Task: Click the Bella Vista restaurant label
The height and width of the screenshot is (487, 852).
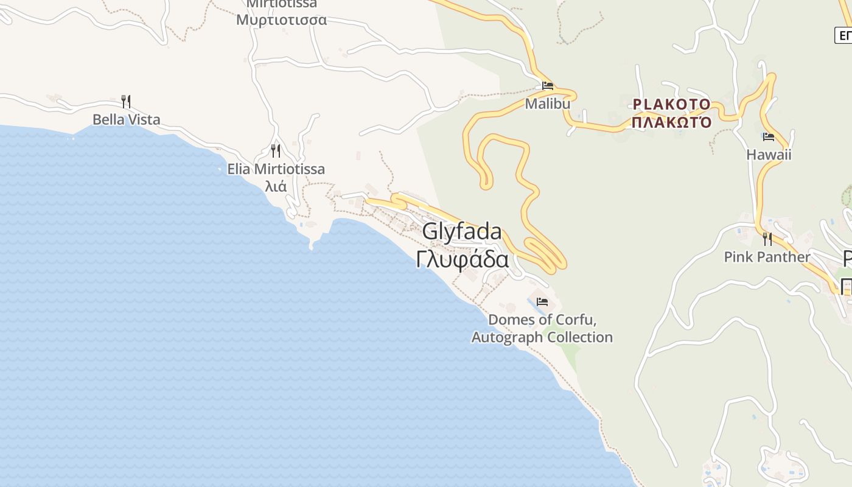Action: tap(127, 119)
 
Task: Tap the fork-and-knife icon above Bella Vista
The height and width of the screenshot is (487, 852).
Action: tap(126, 101)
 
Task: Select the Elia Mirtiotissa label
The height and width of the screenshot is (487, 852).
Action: tap(276, 169)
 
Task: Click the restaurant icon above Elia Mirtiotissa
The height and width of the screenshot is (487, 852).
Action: tap(276, 150)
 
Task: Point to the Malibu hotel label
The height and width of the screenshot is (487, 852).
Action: tap(548, 103)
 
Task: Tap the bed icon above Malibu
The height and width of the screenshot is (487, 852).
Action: tap(548, 86)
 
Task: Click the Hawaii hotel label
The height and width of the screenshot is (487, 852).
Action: tap(769, 155)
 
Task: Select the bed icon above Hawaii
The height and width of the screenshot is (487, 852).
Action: tap(769, 137)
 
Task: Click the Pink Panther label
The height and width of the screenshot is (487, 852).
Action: tap(767, 257)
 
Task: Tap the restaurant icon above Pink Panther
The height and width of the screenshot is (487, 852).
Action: tap(767, 239)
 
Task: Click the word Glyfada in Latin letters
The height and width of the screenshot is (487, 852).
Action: tap(462, 231)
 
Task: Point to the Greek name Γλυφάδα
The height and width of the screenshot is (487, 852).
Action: tap(463, 259)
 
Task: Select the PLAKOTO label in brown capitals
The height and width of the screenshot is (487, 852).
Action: tap(671, 105)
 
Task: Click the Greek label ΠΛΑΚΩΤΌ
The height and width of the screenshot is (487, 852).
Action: tap(671, 122)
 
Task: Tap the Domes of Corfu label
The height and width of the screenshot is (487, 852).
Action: tap(542, 320)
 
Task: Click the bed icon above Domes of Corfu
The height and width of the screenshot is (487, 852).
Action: tap(542, 302)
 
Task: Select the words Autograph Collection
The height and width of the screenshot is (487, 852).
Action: tap(542, 337)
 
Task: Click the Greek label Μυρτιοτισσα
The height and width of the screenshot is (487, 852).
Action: tap(281, 19)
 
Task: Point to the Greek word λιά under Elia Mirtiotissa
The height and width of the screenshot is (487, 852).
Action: tap(276, 186)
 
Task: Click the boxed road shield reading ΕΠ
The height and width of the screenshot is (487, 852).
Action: tap(844, 35)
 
